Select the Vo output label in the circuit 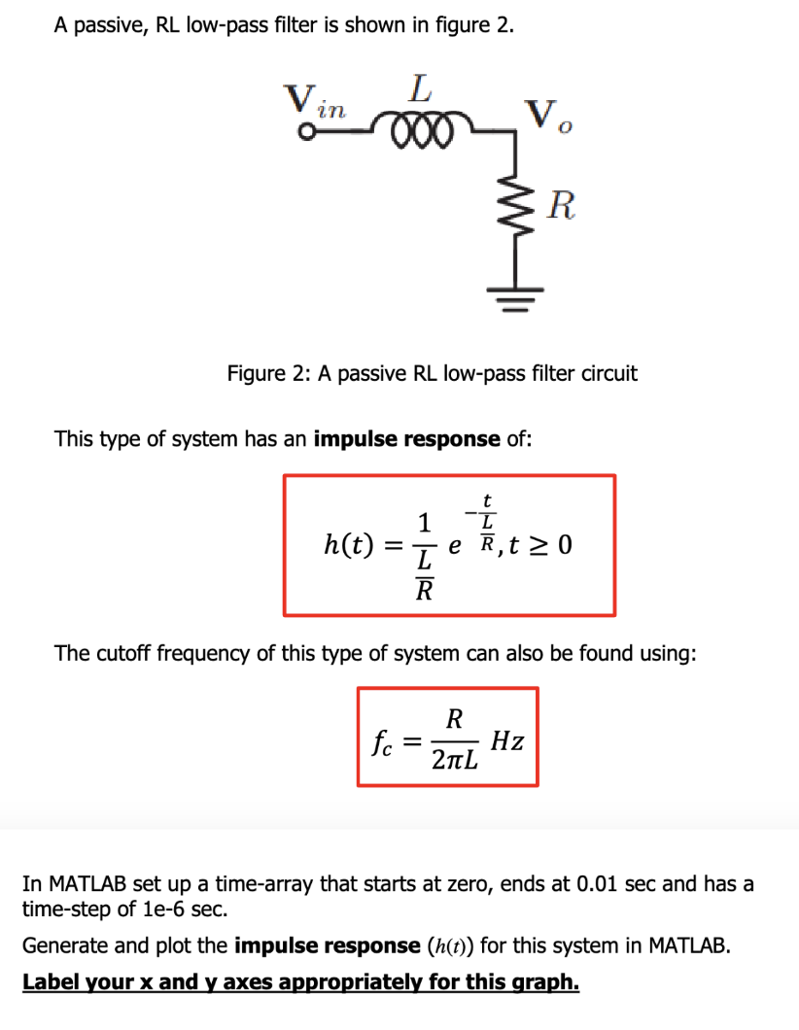pyautogui.click(x=545, y=118)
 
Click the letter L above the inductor pyautogui.click(x=419, y=91)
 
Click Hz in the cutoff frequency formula pyautogui.click(x=507, y=741)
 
